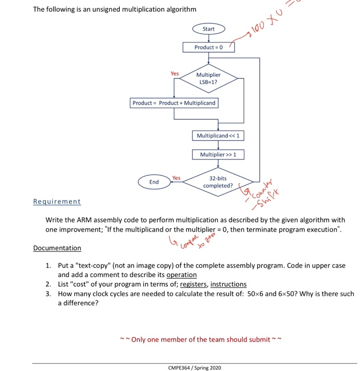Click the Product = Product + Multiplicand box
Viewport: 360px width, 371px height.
pos(174,103)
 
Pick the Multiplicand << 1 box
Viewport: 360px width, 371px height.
pos(218,136)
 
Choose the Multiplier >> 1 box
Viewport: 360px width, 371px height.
pos(218,154)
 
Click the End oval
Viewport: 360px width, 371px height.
pos(154,182)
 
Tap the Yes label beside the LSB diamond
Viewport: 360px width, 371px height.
pos(174,74)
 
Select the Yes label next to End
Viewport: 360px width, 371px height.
pos(176,178)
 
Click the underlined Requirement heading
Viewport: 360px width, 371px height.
pos(57,201)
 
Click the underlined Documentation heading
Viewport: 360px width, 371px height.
pos(57,248)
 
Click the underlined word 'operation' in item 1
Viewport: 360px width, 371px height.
pos(181,275)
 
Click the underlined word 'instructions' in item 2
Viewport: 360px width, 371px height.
pos(228,284)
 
